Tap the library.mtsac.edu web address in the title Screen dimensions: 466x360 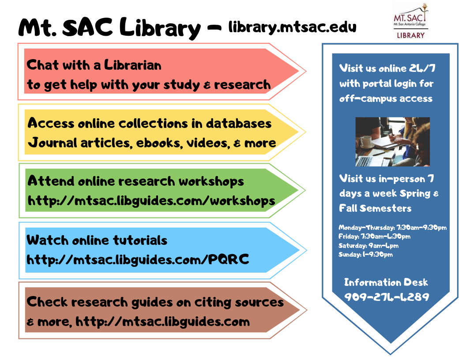click(292, 28)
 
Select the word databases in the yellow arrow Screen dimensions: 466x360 click(239, 123)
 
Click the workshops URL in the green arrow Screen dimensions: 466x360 click(151, 200)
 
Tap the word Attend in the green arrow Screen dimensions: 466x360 click(51, 181)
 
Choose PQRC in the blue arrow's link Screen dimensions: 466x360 click(228, 259)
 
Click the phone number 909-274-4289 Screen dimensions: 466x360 click(387, 297)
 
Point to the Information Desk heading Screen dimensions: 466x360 click(386, 282)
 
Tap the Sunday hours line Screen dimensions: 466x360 click(365, 255)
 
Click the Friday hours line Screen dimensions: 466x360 click(375, 236)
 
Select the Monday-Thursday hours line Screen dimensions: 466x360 click(393, 228)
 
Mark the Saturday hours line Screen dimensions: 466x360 click(368, 246)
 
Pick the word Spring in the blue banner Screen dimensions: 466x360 click(415, 194)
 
